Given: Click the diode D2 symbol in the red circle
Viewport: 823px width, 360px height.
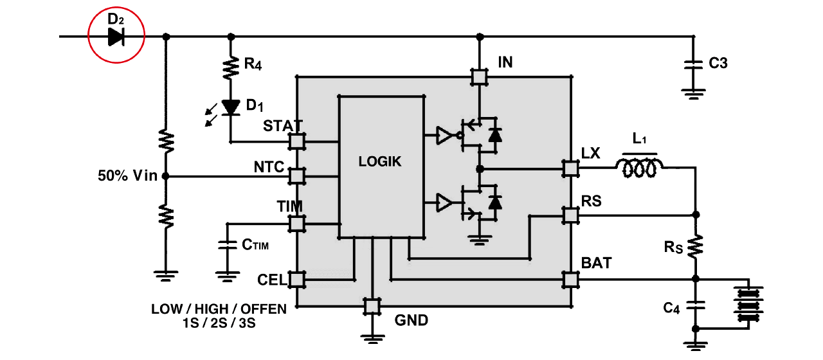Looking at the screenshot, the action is point(116,37).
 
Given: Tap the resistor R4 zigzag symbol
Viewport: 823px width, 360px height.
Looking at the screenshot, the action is point(231,67).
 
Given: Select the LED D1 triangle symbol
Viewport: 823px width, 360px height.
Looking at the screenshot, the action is point(231,107).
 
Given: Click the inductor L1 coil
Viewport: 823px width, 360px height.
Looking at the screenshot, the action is point(639,167).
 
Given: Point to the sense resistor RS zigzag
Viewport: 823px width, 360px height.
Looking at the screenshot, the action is point(695,246).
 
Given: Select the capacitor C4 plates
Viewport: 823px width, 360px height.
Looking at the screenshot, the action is point(695,305).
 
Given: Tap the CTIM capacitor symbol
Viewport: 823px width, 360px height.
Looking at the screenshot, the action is point(228,245).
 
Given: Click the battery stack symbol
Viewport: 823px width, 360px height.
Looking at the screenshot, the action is point(748,305).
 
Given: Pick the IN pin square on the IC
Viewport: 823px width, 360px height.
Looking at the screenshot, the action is point(480,77).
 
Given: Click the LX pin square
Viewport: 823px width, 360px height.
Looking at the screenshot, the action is point(570,169).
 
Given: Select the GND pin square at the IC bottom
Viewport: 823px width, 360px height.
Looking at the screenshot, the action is point(372,307).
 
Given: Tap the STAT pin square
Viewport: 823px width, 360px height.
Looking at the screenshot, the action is point(297,141).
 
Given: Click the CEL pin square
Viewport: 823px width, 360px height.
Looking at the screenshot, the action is point(297,280).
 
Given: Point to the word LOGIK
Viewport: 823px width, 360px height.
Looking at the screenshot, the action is point(380,161).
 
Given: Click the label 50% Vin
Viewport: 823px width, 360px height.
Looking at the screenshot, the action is point(127,175).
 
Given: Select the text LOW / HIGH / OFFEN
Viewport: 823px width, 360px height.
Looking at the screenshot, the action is point(219,309).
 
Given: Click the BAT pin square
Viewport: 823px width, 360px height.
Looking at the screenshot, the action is point(570,280).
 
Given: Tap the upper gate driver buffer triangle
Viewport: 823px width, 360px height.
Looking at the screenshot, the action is point(444,135).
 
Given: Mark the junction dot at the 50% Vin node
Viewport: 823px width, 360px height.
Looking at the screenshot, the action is point(166,176).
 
